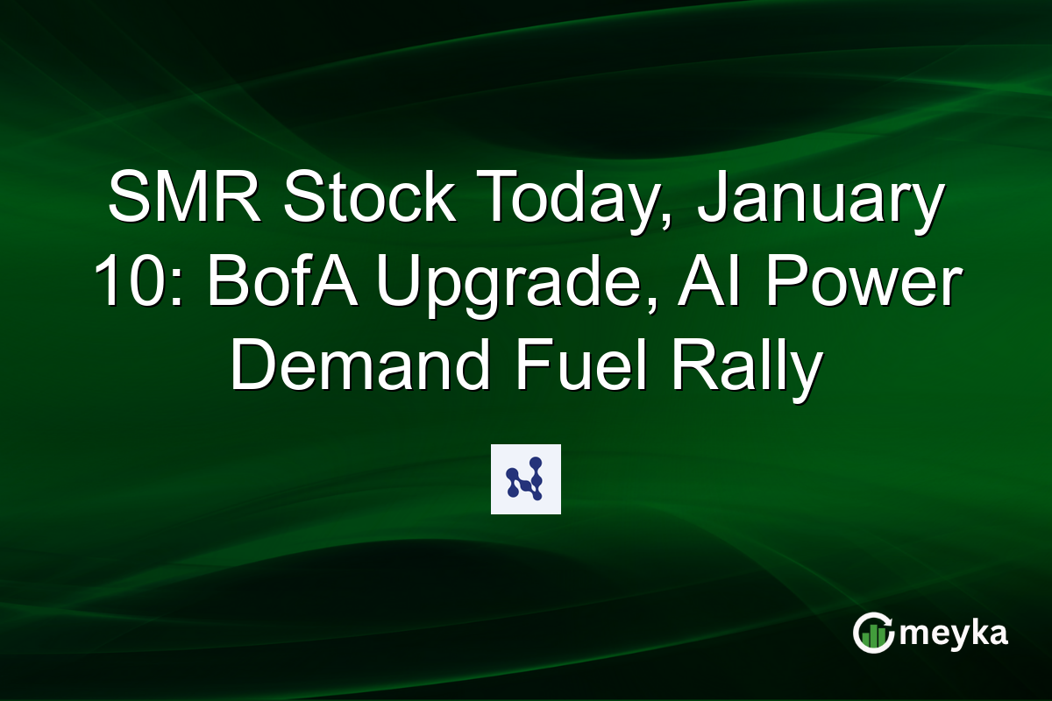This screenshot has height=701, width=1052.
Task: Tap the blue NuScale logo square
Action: (526, 479)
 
